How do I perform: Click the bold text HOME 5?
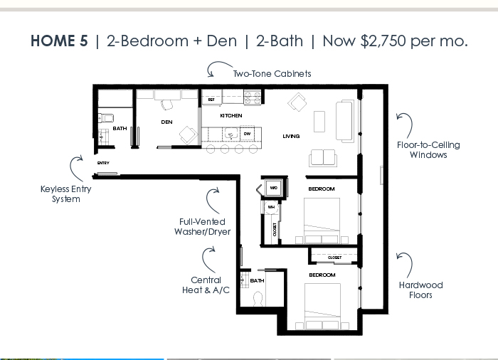59,41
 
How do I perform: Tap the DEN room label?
166,122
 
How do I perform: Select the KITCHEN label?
231,116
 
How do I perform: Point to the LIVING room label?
291,137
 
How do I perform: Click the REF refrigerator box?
211,100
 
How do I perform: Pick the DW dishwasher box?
247,134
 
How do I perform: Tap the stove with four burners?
253,97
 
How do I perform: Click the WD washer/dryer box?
273,188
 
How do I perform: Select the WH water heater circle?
271,207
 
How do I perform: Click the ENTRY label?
103,163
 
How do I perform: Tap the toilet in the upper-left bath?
106,118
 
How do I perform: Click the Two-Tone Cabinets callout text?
272,74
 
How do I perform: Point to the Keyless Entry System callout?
65,194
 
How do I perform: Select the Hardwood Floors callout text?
421,290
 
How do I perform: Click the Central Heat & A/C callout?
206,285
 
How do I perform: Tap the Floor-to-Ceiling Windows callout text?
428,149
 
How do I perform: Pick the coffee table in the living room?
319,122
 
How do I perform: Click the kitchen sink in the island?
231,134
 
